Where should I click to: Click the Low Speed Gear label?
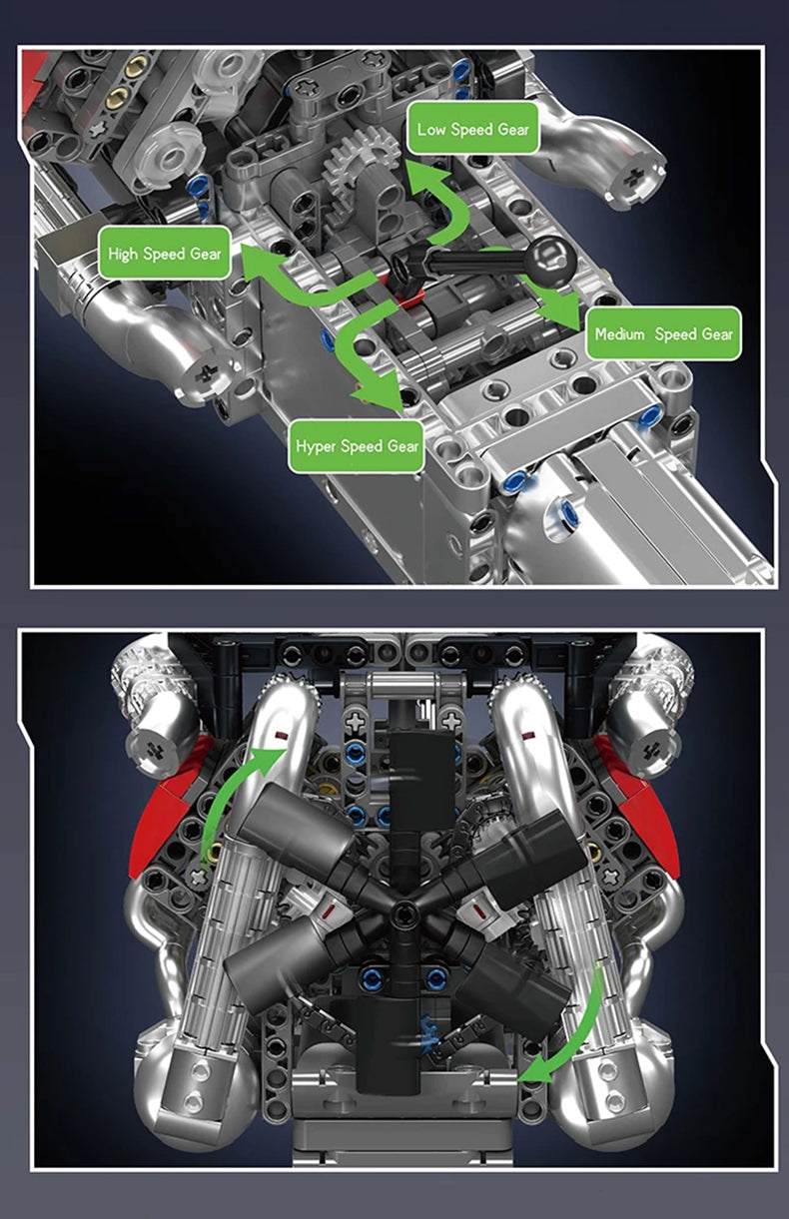[x=472, y=129]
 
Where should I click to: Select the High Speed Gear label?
[x=165, y=254]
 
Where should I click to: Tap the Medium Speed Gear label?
[x=663, y=333]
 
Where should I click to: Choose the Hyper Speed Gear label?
[x=358, y=445]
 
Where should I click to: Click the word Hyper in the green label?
[x=317, y=445]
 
